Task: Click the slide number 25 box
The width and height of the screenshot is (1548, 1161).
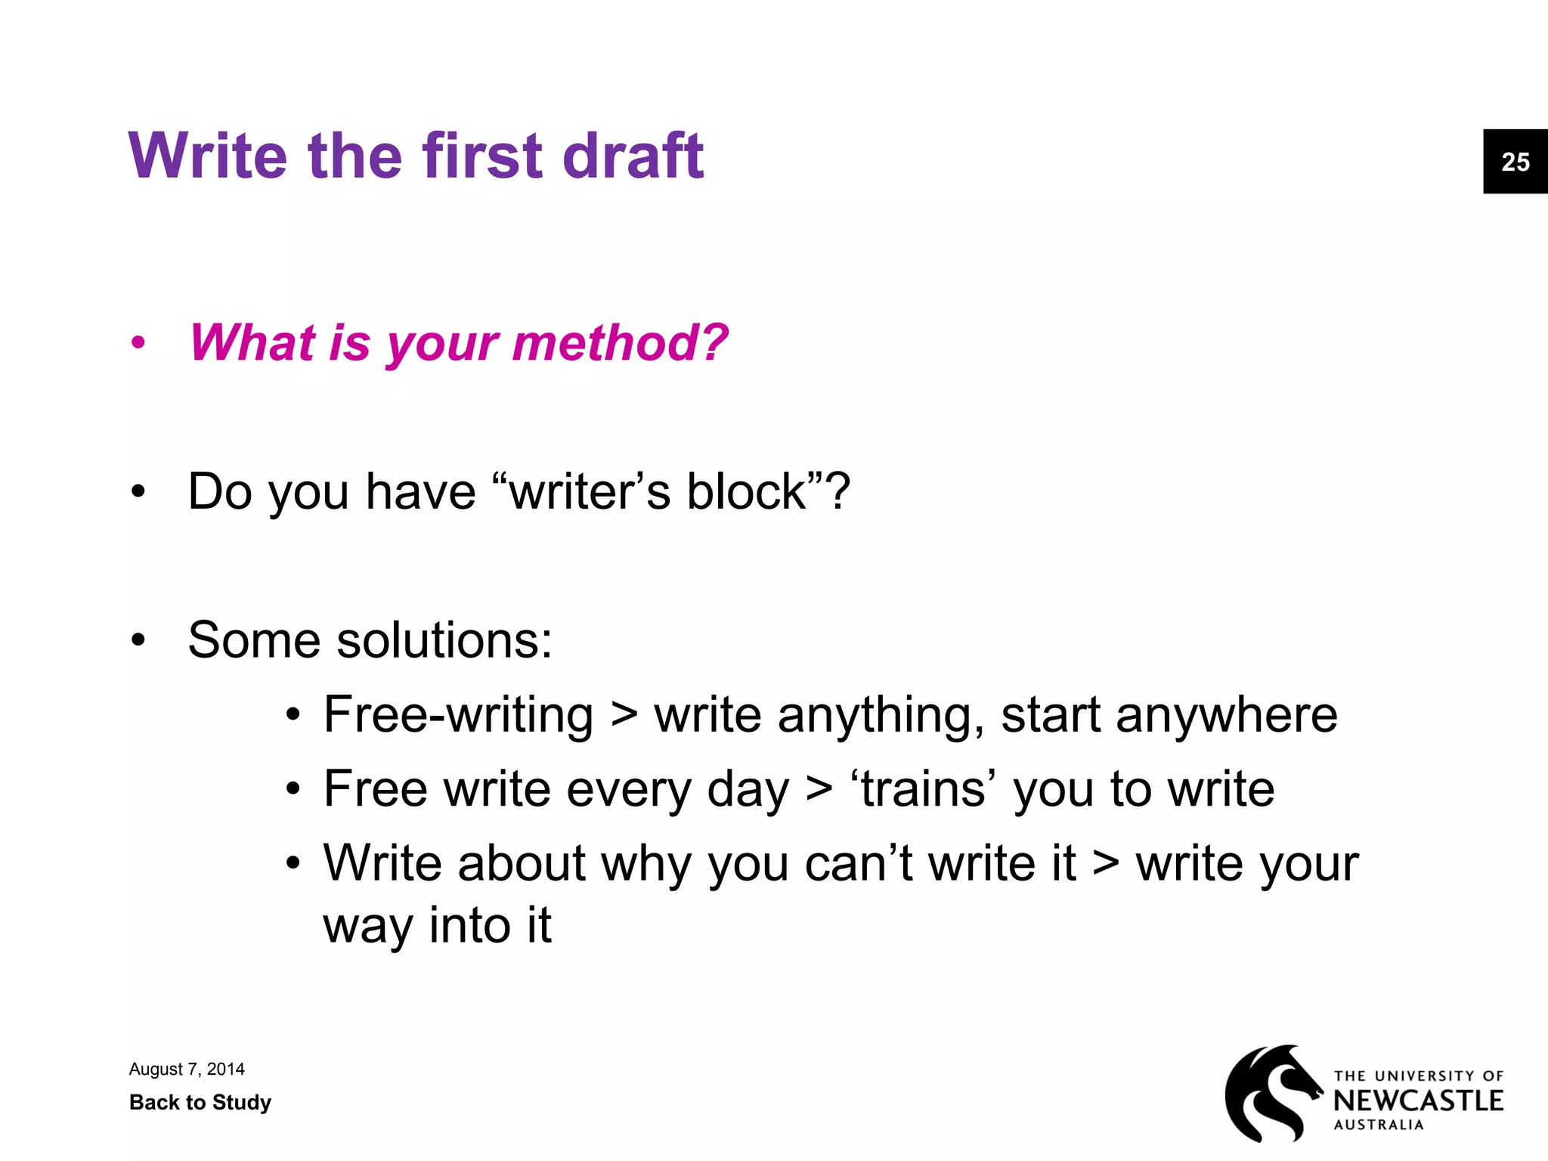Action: tap(1515, 162)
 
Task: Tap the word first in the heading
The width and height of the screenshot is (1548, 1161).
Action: tap(482, 156)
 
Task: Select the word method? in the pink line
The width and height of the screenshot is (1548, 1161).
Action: tap(620, 343)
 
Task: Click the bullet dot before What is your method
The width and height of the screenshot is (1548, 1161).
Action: tap(138, 343)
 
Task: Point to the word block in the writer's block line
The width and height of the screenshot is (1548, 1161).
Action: tap(747, 491)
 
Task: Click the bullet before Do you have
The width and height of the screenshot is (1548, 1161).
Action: tap(138, 491)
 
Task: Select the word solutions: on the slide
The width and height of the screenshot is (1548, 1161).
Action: tap(444, 640)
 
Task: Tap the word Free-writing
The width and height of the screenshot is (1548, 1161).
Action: tap(458, 714)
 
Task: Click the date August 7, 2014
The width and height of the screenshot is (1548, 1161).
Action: tap(187, 1069)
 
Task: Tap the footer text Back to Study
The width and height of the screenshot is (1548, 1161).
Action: tap(200, 1102)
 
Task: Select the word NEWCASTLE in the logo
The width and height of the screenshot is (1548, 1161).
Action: tap(1418, 1101)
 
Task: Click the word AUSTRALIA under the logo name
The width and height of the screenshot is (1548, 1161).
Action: tap(1378, 1125)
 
